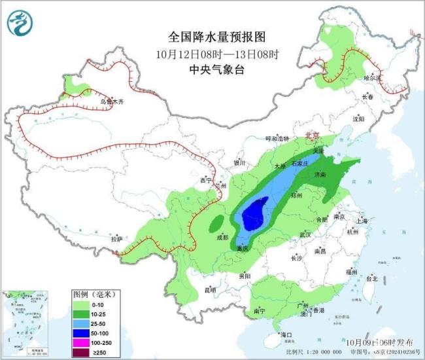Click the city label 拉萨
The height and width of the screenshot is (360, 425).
(116, 240)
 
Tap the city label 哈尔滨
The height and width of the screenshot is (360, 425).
(372, 77)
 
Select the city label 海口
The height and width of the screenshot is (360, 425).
(286, 335)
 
